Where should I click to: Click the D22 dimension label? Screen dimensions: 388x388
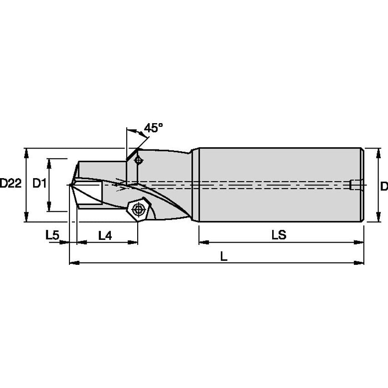(x=11, y=184)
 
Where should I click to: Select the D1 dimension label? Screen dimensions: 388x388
(x=40, y=184)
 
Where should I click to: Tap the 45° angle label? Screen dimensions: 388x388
(x=154, y=128)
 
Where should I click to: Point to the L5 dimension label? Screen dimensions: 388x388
(x=52, y=235)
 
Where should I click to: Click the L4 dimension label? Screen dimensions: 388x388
(x=105, y=235)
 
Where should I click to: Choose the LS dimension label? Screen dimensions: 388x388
(x=279, y=234)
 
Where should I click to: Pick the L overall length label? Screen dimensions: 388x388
(x=224, y=256)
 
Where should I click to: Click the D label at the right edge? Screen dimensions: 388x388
(x=384, y=186)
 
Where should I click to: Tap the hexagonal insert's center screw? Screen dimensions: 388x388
(x=138, y=209)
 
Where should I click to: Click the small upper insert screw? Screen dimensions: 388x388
(x=138, y=160)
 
